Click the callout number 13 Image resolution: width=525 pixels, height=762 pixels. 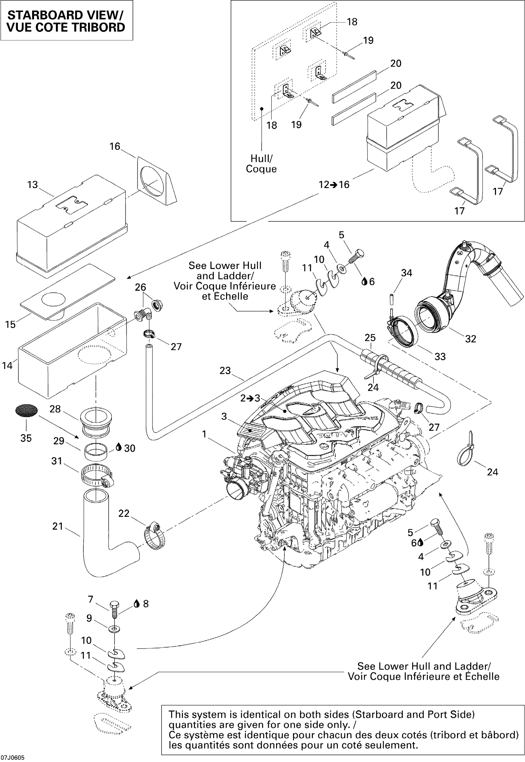pos(32,185)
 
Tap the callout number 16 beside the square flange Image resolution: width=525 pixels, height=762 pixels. pos(115,146)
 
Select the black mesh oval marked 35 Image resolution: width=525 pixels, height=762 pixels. pos(26,411)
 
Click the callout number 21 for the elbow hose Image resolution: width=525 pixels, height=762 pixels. pos(57,526)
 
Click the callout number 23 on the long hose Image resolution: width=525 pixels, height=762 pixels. pos(225,371)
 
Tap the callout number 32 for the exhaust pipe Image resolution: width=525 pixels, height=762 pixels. pos(471,339)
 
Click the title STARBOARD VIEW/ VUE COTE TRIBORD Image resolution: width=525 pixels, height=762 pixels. pos(66,21)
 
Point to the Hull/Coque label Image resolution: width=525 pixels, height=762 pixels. pos(261,163)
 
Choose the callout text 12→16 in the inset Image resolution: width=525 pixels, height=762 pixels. pos(334,185)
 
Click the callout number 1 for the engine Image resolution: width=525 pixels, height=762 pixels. pos(204,434)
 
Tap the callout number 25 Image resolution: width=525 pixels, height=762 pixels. pos(370,337)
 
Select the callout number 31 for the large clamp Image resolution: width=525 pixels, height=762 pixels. pos(57,461)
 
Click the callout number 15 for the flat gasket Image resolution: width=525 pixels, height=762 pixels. pos(10,324)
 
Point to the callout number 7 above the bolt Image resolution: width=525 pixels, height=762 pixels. pos(91,599)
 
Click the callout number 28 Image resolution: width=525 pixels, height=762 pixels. pos(55,409)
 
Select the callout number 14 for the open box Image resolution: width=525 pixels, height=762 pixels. pos(7,365)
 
